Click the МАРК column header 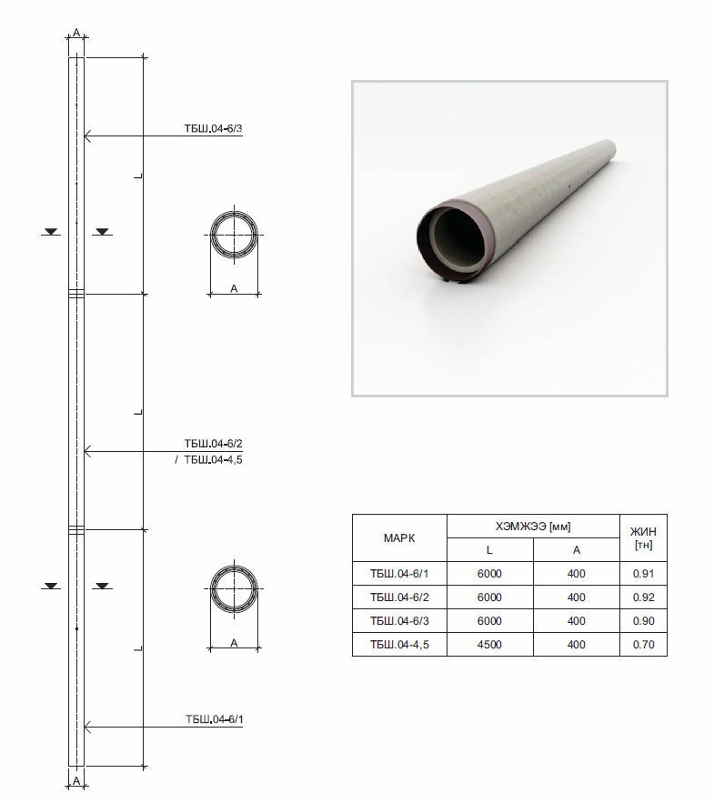[x=399, y=538]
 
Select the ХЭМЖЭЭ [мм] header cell [x=533, y=527]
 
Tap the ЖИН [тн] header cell [x=643, y=537]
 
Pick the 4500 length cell [x=489, y=645]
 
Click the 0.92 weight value [x=643, y=597]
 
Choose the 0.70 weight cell [x=643, y=645]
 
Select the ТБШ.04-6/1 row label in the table [x=399, y=574]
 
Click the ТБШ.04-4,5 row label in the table [x=399, y=645]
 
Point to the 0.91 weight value [x=643, y=574]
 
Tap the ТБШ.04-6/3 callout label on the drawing [x=213, y=128]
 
